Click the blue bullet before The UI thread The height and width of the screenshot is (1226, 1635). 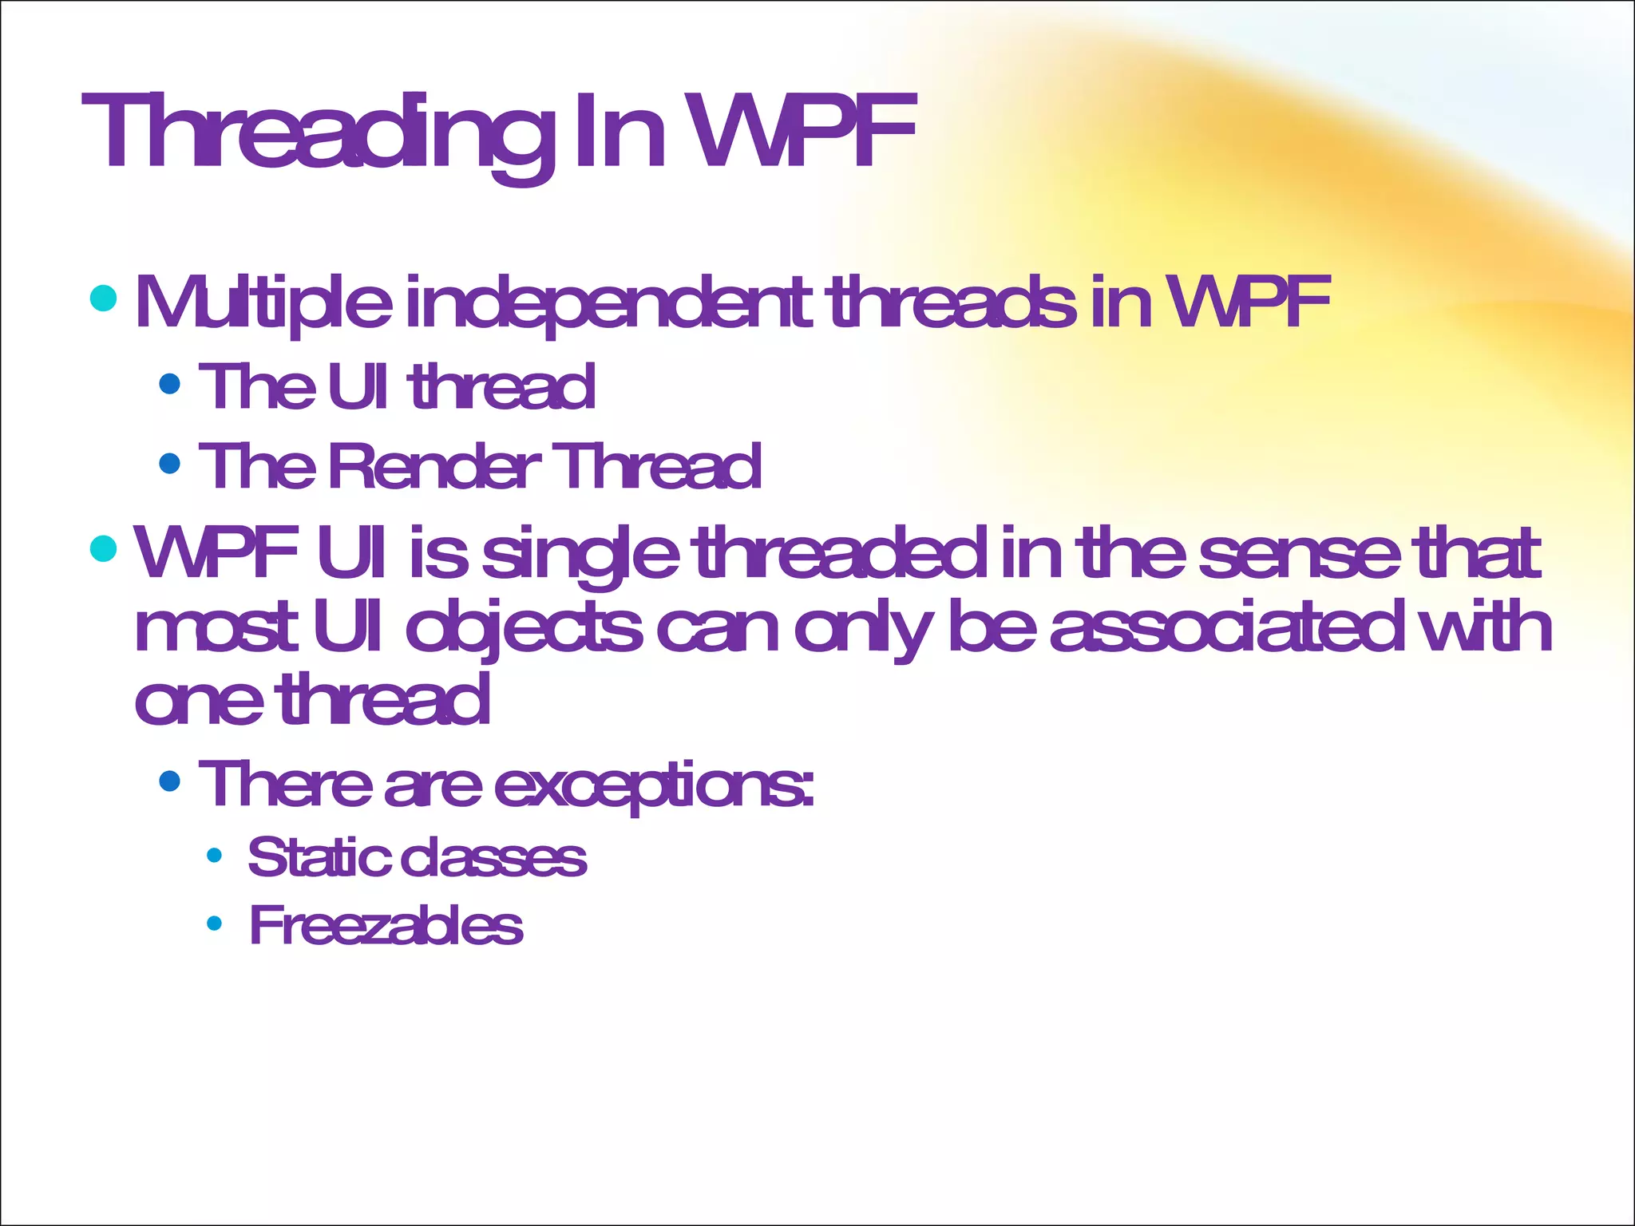170,385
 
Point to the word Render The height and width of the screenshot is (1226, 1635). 434,466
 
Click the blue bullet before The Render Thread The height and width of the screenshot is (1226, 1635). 170,463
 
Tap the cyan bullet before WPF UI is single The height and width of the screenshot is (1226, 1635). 104,548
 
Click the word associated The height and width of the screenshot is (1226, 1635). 1226,627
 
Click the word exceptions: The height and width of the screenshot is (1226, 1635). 655,785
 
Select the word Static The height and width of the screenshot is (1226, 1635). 319,858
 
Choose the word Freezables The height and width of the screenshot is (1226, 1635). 386,926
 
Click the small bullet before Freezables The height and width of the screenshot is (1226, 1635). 214,924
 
